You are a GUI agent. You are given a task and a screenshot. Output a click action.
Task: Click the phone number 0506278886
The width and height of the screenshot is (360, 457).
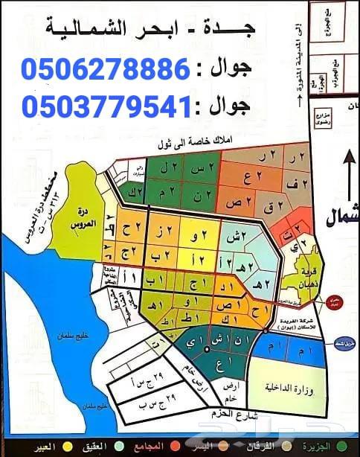pos(106,70)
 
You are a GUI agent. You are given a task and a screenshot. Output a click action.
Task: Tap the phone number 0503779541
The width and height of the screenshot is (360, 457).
pos(106,108)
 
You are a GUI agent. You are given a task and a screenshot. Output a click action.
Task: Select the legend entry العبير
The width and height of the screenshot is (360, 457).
pos(22,447)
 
